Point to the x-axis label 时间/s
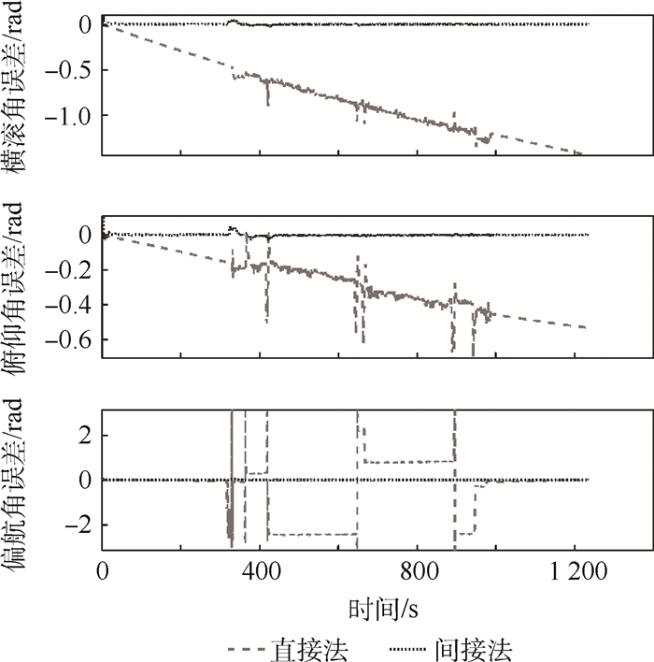[383, 609]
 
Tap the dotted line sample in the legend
[406, 648]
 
